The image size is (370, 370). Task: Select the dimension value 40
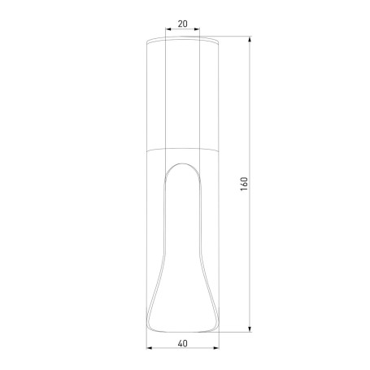pyautogui.click(x=182, y=342)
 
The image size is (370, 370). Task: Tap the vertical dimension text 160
pyautogui.click(x=243, y=185)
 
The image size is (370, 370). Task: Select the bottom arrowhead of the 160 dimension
pyautogui.click(x=249, y=329)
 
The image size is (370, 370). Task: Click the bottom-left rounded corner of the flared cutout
pyautogui.click(x=154, y=326)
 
